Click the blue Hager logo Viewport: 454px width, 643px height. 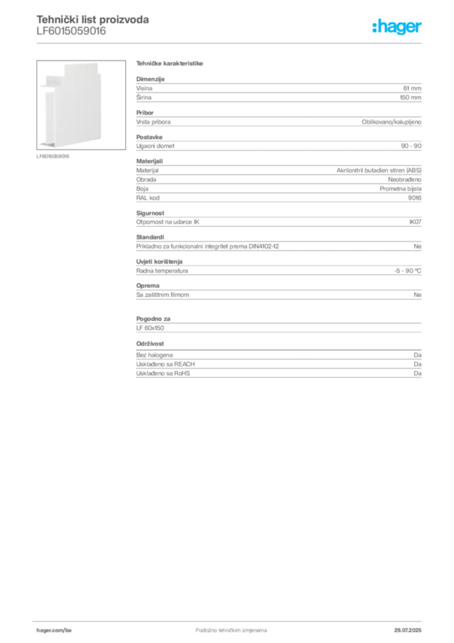click(398, 28)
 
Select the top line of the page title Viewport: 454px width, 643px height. click(93, 19)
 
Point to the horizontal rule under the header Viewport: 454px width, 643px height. click(230, 43)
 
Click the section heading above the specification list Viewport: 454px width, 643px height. click(169, 64)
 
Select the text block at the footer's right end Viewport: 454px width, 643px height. click(411, 627)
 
